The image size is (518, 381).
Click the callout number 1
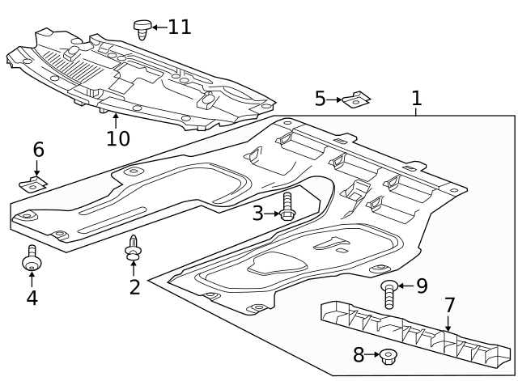(x=416, y=99)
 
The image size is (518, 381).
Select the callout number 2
(x=134, y=286)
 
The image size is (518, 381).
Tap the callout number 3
(x=257, y=214)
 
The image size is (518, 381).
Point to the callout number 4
(x=32, y=298)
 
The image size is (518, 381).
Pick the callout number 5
(x=321, y=99)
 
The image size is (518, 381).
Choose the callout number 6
(x=38, y=150)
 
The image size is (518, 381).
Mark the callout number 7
(x=449, y=306)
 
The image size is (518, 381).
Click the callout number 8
(x=359, y=354)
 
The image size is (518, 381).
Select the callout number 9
(x=422, y=286)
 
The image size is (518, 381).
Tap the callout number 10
(x=117, y=138)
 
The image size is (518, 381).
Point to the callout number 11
(x=180, y=27)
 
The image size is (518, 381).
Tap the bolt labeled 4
(x=32, y=258)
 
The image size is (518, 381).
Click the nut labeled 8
(x=388, y=355)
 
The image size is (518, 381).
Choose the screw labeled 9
(x=389, y=293)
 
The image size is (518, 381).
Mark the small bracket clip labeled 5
(x=356, y=100)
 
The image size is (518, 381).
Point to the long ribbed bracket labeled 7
(x=413, y=332)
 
